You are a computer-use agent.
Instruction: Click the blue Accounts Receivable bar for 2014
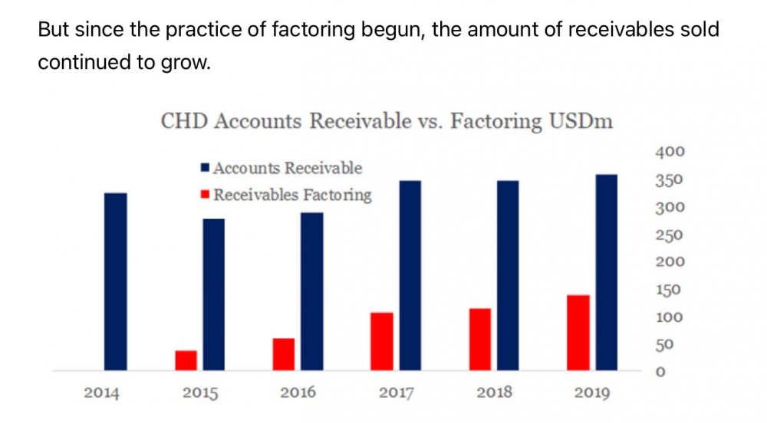tap(116, 282)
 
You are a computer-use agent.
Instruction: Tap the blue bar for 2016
tap(311, 292)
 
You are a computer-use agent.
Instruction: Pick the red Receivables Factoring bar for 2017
tap(381, 342)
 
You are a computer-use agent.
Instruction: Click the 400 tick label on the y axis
tap(669, 152)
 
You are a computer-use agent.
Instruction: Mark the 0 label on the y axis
tap(659, 372)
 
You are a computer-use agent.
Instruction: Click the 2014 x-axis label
tap(102, 394)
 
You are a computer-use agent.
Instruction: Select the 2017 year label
tap(397, 394)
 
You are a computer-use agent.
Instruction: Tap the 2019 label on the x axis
tap(592, 394)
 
